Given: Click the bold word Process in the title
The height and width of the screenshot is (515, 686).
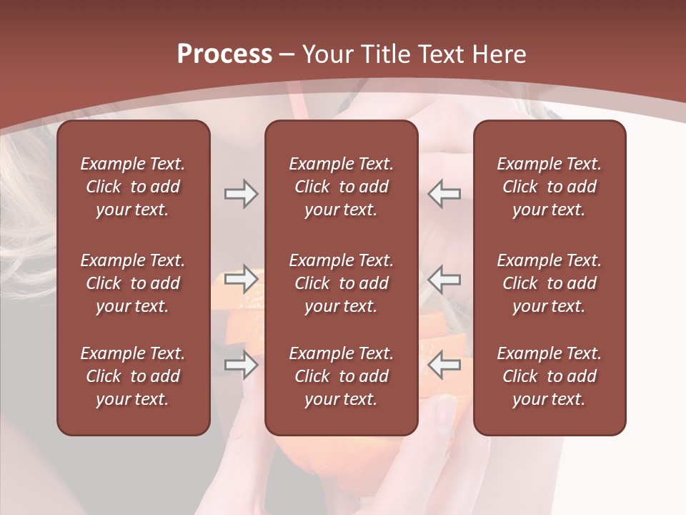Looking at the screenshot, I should point(224,54).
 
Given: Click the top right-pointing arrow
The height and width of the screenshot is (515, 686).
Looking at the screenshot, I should point(241,194).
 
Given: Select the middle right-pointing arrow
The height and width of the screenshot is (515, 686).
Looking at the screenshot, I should point(241,279).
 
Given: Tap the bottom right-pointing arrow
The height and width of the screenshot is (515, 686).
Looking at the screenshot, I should point(241,365).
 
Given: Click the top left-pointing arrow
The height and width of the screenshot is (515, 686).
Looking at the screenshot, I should point(444,194).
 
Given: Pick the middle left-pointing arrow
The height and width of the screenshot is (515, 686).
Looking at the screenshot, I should point(444,279).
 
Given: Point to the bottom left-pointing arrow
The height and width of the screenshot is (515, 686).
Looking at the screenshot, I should point(444,365).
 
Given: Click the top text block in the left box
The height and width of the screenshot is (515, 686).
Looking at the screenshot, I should point(133,187).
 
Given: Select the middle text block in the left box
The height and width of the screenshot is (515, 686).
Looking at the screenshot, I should point(133,283).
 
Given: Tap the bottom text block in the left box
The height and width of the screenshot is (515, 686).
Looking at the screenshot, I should point(133,376).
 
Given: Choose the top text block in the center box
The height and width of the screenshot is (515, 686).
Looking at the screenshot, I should point(341,187).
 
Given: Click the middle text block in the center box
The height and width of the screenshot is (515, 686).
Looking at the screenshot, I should point(341,283).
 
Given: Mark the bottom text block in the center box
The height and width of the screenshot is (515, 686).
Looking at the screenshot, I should point(341,376).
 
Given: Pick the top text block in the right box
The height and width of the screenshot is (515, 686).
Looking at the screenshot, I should point(549,187).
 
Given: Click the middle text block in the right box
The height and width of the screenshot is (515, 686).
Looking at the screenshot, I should point(549,283).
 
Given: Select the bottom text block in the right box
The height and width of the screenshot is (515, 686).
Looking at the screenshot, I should point(549,376).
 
